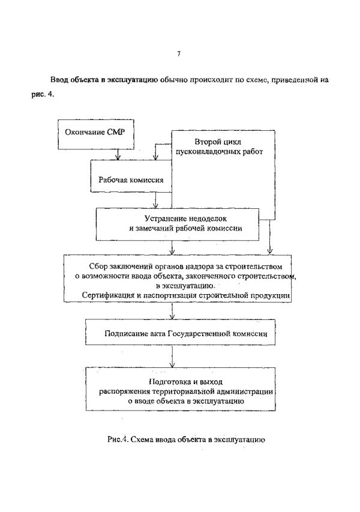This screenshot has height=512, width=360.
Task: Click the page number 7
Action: pyautogui.click(x=179, y=54)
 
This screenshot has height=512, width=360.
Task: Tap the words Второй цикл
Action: pyautogui.click(x=218, y=142)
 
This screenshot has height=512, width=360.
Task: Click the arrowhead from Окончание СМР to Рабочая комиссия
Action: pyautogui.click(x=118, y=157)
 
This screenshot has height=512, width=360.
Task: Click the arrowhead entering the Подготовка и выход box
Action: pyautogui.click(x=172, y=364)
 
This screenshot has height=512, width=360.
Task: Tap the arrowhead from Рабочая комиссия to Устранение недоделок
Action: pyautogui.click(x=157, y=206)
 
